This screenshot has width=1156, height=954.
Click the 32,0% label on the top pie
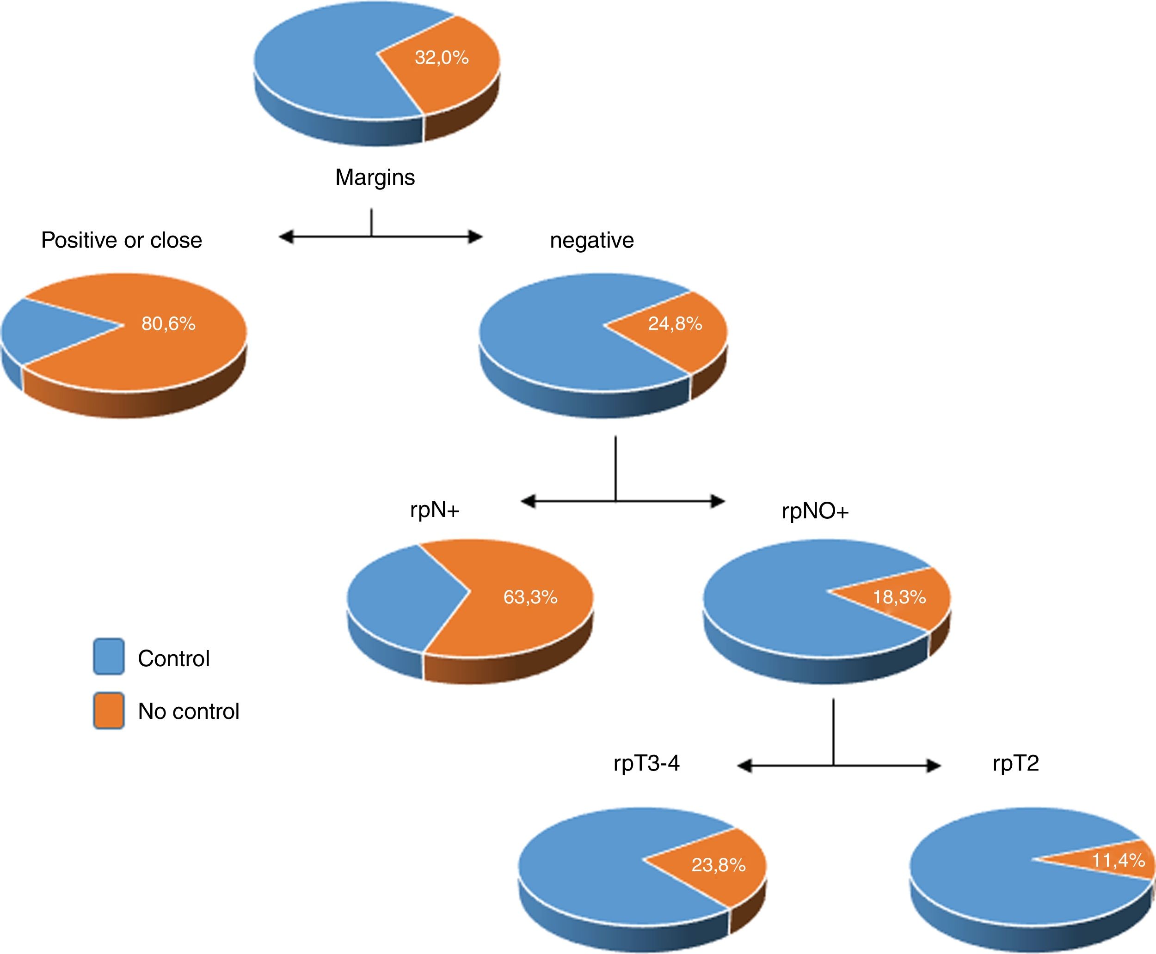(441, 57)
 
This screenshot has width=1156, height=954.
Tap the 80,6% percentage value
(168, 324)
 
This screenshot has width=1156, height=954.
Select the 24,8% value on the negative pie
(675, 324)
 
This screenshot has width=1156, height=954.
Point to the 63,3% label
(530, 597)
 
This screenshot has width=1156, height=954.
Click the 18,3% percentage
(900, 597)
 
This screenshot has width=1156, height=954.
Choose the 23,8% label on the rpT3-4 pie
(718, 865)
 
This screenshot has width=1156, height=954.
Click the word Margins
(375, 177)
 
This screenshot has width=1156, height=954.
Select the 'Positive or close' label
(122, 240)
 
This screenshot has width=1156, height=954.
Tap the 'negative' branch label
(592, 241)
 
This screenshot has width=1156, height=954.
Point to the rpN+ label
(435, 510)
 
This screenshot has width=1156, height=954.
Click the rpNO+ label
(815, 511)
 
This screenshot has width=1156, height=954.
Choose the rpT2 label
(1016, 764)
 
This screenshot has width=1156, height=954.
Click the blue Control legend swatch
(109, 656)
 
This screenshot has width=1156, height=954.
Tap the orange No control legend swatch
(109, 711)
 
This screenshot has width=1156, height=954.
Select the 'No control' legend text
(189, 711)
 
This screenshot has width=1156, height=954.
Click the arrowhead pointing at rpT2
(933, 766)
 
